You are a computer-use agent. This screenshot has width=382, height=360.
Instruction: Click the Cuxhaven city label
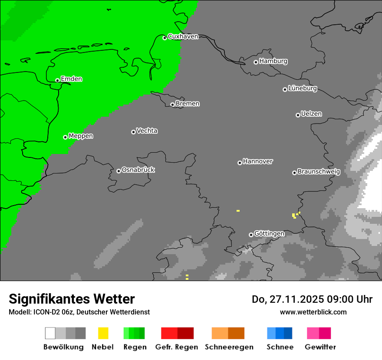coord(183,36)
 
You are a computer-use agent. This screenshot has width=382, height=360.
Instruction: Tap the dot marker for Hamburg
coord(256,62)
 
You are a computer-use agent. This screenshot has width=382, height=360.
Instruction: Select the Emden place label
coord(71,79)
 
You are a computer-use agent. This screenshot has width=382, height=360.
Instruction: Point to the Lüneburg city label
coord(302,88)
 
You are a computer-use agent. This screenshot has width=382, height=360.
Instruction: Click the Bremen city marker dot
coord(172,105)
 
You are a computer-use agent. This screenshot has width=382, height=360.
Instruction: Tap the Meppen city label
coord(81,136)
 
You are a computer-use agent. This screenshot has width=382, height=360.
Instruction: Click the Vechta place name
coord(147,131)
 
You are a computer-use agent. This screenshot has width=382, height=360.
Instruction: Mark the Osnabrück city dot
coord(119,171)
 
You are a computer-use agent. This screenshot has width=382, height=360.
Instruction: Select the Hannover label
coord(257,161)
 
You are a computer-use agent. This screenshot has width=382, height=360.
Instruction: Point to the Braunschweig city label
coord(319,171)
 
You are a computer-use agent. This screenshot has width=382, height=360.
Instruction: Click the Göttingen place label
coord(269,233)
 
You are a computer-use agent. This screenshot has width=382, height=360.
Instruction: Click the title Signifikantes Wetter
coord(72,299)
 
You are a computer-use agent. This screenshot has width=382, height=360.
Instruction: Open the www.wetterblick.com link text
coord(313,312)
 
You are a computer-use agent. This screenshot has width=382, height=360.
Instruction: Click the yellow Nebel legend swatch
coord(103,333)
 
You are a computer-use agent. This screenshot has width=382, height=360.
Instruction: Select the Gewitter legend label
coord(320,347)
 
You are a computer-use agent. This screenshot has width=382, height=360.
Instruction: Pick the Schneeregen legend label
coord(229,347)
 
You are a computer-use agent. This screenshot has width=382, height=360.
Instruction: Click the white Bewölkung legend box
coord(50,333)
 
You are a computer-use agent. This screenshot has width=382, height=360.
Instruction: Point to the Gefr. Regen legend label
coord(176,347)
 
